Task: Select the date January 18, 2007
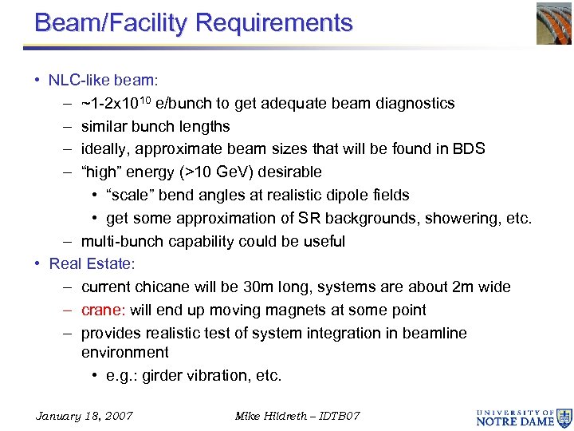(x=85, y=416)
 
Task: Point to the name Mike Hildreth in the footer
(x=269, y=416)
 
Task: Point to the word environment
(x=125, y=352)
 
